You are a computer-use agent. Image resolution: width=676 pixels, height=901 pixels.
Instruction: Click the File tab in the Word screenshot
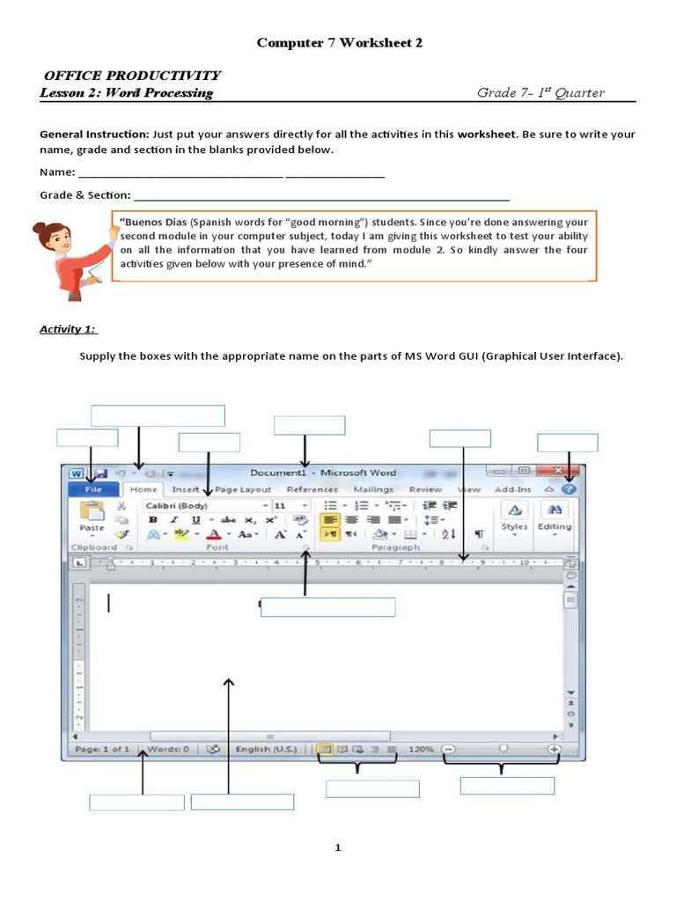[92, 489]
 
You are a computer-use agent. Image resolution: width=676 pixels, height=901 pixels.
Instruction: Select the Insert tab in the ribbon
[186, 489]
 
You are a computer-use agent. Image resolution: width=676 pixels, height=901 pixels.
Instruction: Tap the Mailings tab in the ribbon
[373, 489]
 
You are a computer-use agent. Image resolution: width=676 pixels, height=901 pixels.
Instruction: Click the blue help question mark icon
[569, 489]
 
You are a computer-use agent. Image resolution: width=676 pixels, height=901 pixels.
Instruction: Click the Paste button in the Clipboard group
[92, 517]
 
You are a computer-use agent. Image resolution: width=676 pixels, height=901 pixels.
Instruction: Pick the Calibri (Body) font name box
[201, 506]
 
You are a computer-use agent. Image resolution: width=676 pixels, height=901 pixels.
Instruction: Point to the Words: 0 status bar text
[168, 750]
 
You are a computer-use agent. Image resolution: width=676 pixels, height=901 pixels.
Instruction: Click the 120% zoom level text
[421, 750]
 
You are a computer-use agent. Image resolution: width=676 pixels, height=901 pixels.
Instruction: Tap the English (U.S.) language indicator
[266, 750]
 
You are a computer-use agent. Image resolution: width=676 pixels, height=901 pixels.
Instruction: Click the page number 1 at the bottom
[337, 848]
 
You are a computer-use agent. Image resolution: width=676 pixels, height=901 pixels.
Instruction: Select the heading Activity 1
[69, 329]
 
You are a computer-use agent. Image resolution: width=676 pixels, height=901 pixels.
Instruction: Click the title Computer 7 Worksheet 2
[339, 43]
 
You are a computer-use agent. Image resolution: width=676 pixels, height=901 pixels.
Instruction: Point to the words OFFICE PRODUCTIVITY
[130, 76]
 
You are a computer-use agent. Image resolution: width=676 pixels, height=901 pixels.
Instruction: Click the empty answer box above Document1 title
[309, 426]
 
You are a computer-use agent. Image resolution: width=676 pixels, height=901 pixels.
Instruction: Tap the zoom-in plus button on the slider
[555, 750]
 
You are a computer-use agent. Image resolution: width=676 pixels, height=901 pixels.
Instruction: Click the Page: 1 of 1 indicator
[102, 750]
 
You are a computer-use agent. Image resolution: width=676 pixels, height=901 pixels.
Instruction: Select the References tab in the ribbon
[312, 489]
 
